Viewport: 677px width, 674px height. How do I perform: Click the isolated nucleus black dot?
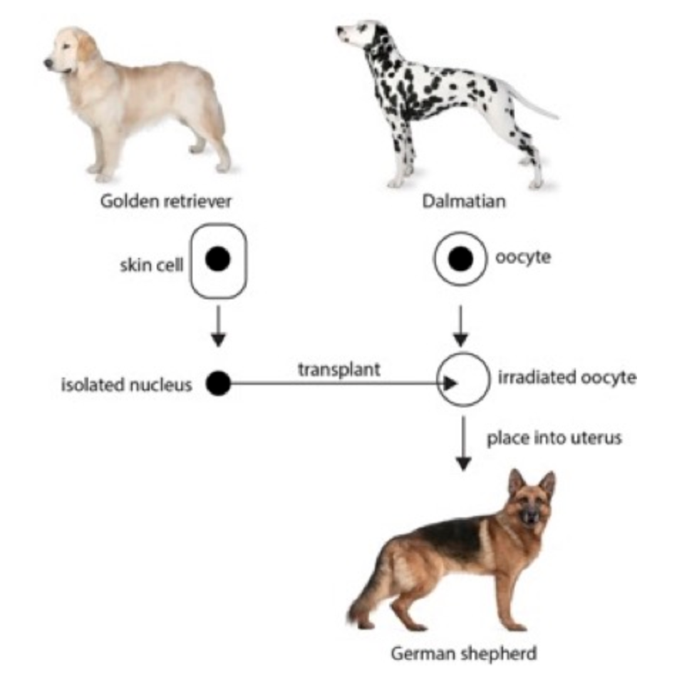tap(218, 384)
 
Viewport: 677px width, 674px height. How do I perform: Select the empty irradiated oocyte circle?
tap(462, 379)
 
